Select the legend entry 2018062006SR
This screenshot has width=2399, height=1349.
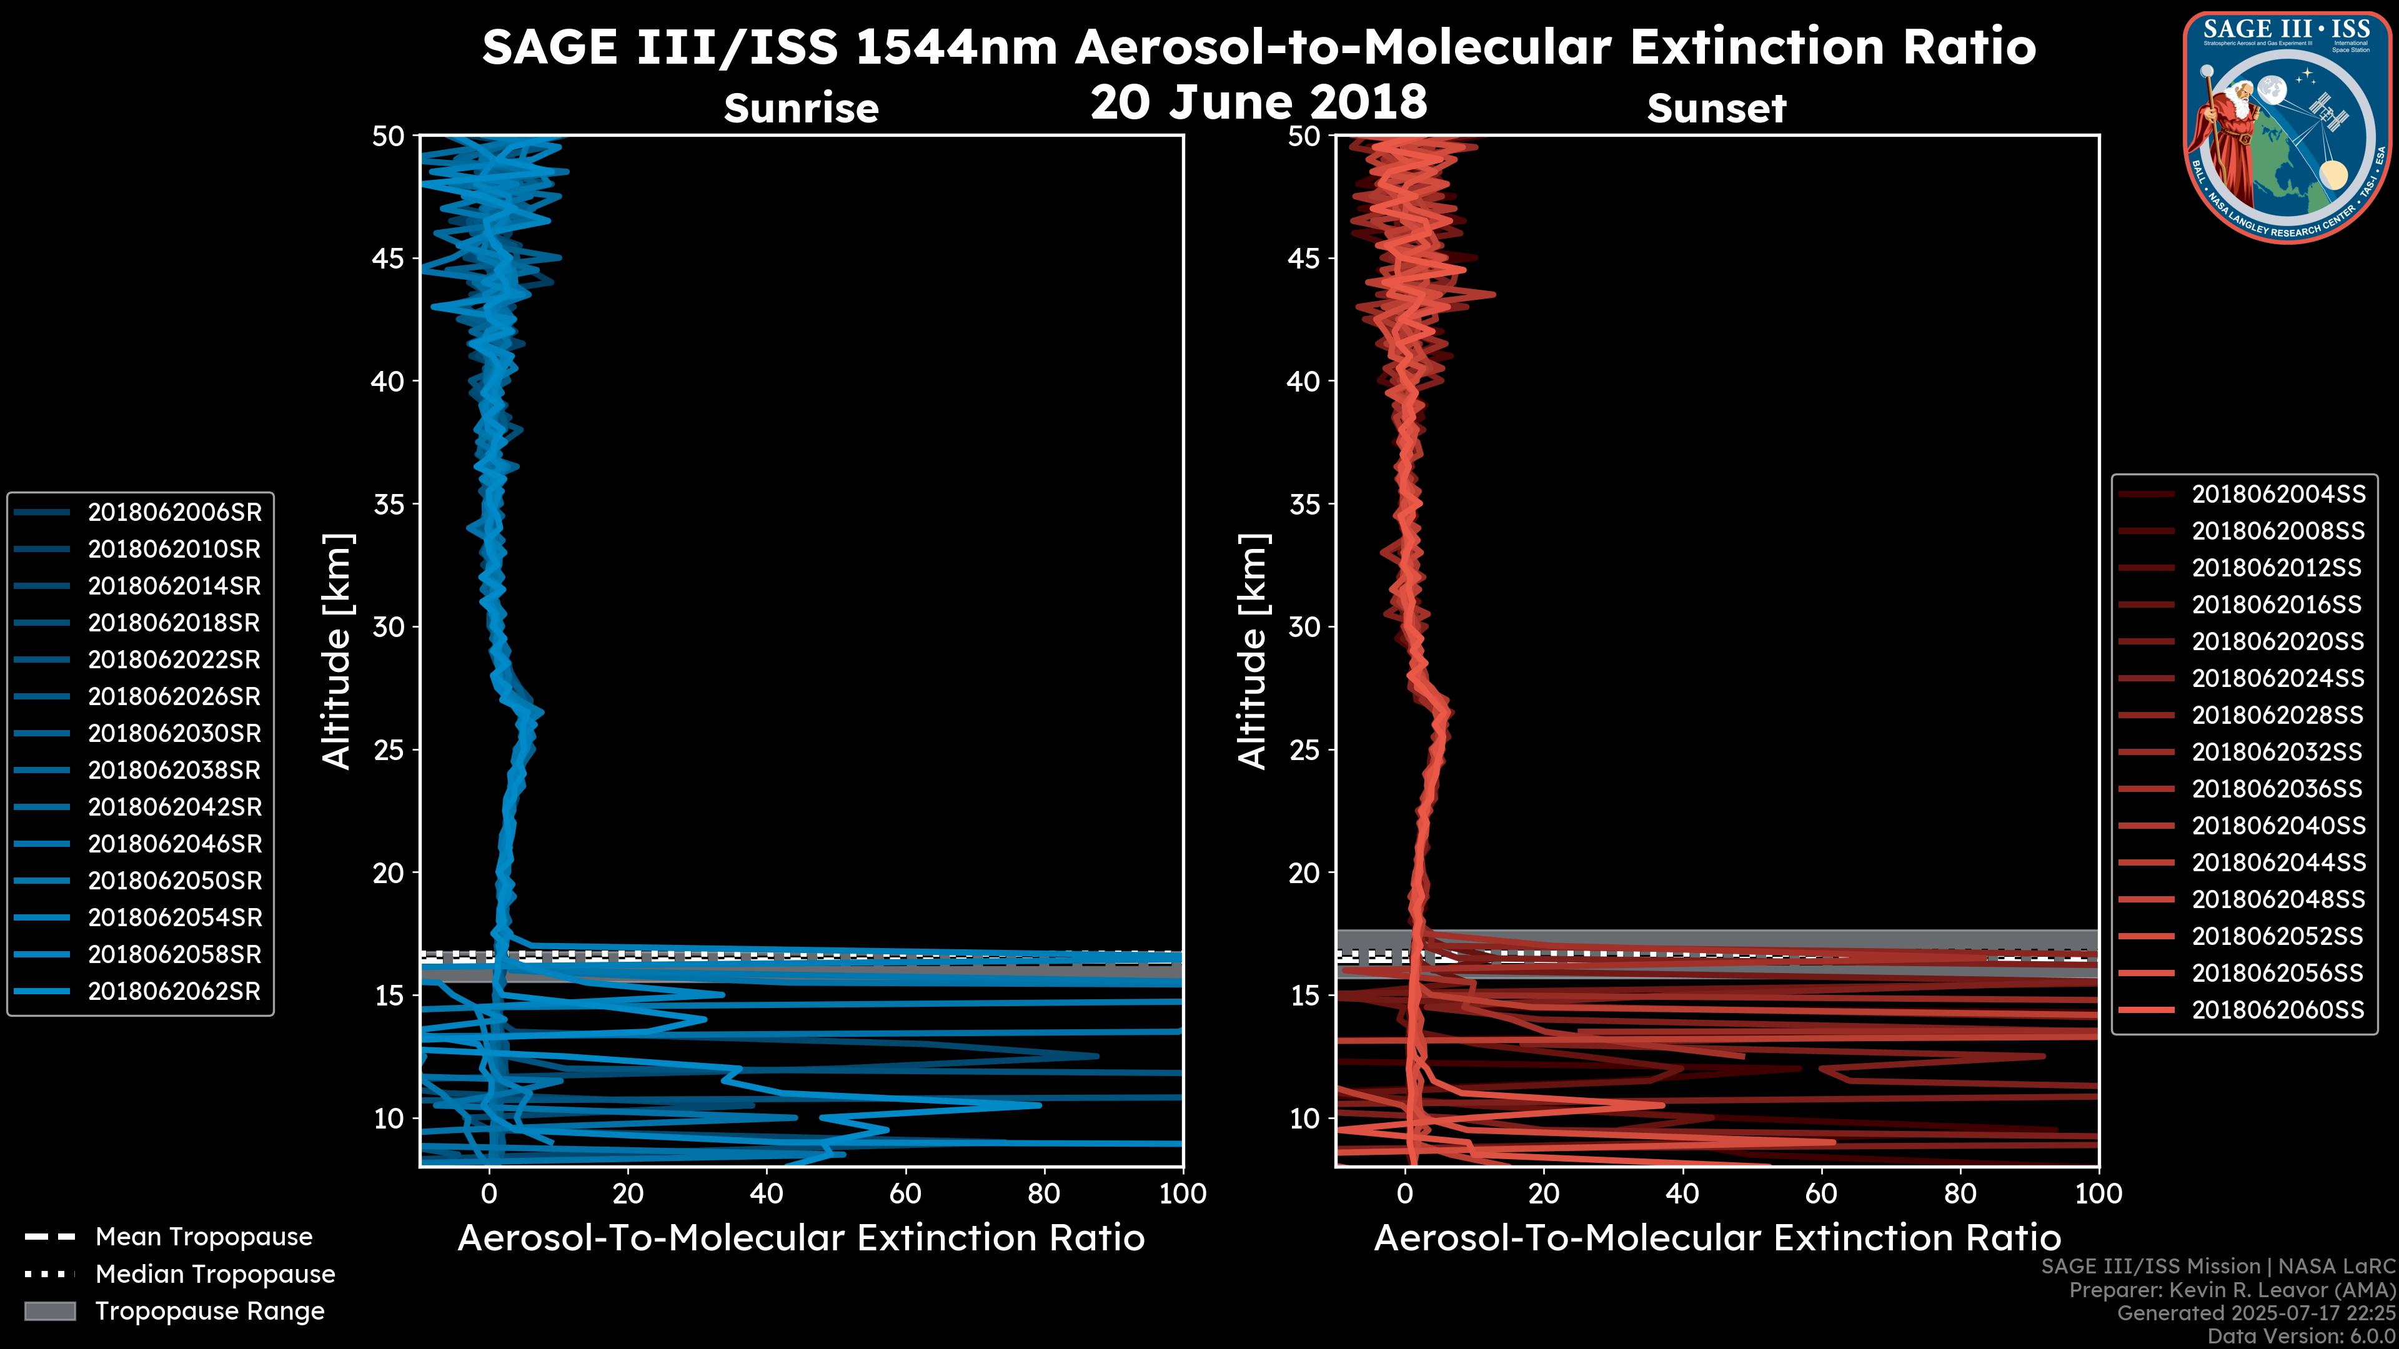coord(174,512)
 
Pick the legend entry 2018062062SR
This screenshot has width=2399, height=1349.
coord(174,992)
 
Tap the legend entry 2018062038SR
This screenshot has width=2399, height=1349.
coord(174,770)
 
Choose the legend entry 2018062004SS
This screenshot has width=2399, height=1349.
coord(2277,495)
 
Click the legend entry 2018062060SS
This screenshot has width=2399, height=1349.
coord(2277,1010)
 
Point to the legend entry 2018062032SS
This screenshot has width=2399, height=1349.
coord(2277,752)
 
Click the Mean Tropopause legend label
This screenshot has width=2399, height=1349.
coord(203,1237)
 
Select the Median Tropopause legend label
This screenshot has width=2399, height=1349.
coord(214,1275)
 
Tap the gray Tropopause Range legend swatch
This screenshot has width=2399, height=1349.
coord(50,1312)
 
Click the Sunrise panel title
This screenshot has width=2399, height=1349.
coord(801,109)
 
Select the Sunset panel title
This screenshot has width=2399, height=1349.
coord(1716,109)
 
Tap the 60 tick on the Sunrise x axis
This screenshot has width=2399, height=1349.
coord(905,1193)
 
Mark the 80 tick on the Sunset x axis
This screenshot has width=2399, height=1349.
coord(1960,1193)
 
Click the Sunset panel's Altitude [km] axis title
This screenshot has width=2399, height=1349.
coord(1253,651)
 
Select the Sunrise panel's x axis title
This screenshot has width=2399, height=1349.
coord(801,1238)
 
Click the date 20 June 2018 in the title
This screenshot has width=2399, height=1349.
coord(1258,102)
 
